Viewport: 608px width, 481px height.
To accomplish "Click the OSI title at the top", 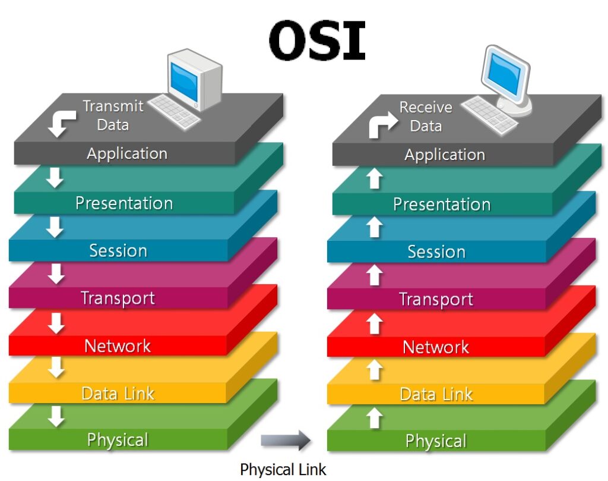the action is tap(317, 41).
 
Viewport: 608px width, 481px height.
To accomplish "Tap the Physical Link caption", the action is tap(283, 469).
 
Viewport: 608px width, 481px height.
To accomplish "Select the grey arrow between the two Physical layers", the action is tap(286, 440).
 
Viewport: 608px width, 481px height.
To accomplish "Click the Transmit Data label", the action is tap(113, 115).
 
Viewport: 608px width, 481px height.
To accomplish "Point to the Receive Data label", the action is tap(426, 117).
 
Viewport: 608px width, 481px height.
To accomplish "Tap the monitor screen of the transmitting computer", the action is tap(184, 83).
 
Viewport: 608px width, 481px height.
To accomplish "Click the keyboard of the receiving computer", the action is tap(489, 115).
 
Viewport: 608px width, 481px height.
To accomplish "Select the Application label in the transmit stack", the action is tap(127, 154).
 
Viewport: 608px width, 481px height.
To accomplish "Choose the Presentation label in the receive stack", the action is tap(442, 204).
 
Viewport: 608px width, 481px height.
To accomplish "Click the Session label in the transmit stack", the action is tap(118, 250).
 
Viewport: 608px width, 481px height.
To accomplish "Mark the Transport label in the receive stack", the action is tap(436, 299).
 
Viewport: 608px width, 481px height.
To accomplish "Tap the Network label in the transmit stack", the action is tap(118, 345).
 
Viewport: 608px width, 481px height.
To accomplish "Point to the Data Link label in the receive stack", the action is tap(436, 394).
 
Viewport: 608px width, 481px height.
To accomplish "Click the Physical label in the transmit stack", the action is tap(118, 440).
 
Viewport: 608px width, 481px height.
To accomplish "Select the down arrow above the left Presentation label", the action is tap(55, 178).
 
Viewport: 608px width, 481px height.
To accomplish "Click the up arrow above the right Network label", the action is tap(375, 324).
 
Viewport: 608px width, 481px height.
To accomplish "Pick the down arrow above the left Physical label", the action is tap(56, 417).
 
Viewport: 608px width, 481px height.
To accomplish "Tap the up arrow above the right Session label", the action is tap(375, 227).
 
